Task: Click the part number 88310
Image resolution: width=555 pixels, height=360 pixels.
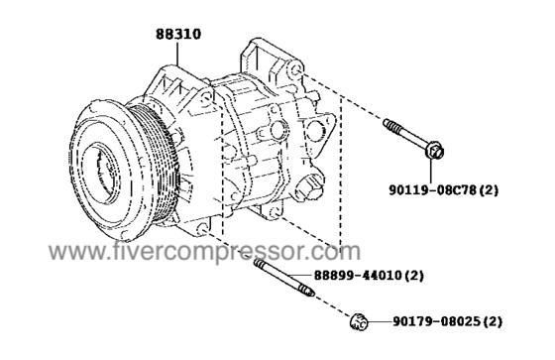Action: (178, 34)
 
